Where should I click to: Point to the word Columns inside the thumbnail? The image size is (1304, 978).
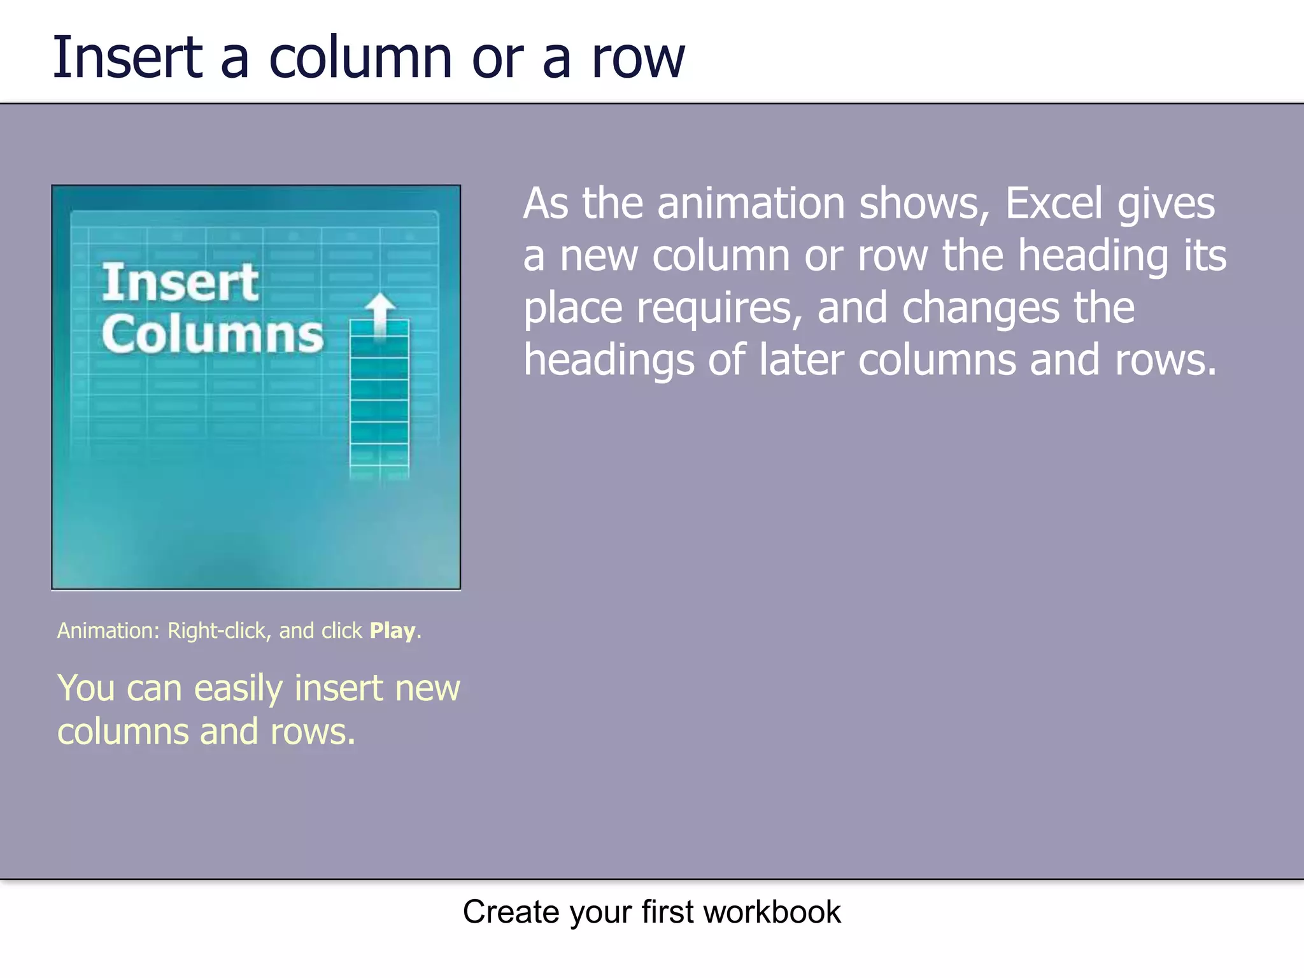coord(213,334)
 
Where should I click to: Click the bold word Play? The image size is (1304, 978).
coord(393,631)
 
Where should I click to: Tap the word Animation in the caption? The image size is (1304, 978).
coord(107,630)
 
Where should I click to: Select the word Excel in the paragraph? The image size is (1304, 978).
coord(1053,204)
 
